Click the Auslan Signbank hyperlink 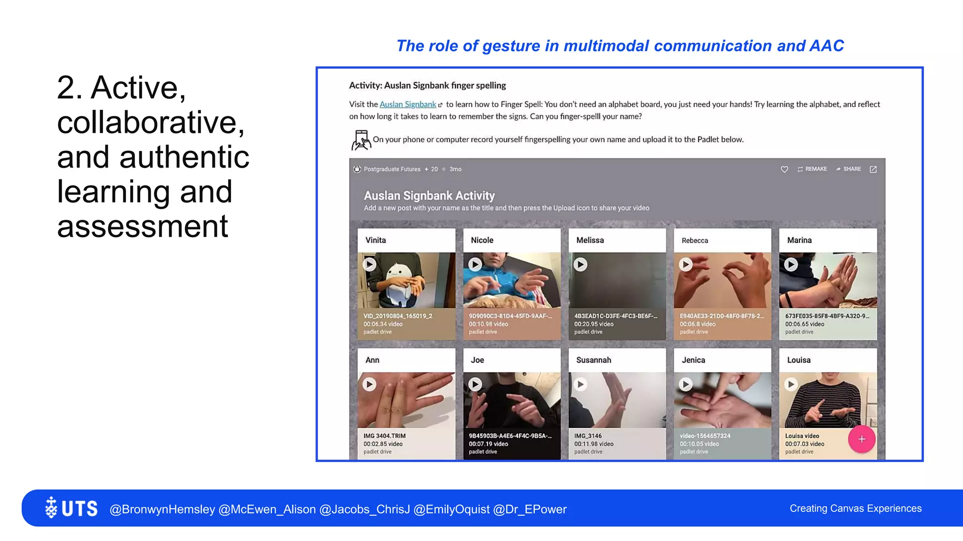408,104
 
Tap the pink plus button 861,439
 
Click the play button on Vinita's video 370,264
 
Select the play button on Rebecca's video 686,264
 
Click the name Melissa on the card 590,240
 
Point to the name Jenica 693,360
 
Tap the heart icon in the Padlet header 784,169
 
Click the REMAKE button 812,169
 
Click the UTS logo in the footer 71,508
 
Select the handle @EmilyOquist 451,509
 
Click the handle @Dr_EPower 530,509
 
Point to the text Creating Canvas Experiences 855,508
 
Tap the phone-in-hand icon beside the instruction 361,140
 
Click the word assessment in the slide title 142,226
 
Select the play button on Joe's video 475,384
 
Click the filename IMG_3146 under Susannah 588,436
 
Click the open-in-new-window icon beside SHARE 873,169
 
